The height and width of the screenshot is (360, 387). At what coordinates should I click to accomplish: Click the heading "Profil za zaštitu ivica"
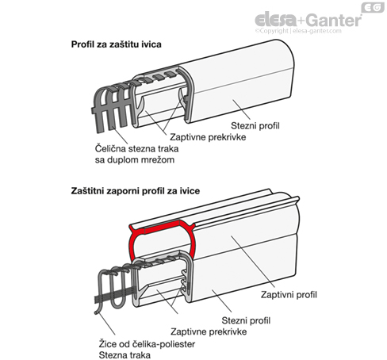click(x=116, y=44)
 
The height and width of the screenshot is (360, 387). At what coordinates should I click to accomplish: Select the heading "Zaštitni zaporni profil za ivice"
click(x=136, y=191)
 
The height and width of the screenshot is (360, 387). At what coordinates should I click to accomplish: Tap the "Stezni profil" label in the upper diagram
click(x=255, y=126)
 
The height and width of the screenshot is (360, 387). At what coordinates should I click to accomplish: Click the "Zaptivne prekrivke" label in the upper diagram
click(x=208, y=137)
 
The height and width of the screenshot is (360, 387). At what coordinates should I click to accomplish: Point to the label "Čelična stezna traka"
click(x=136, y=148)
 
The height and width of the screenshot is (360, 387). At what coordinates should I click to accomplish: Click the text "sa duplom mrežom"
click(x=135, y=160)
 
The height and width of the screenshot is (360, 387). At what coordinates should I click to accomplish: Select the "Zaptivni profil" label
click(x=289, y=294)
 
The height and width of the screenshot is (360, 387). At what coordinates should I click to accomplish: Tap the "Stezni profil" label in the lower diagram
click(x=246, y=320)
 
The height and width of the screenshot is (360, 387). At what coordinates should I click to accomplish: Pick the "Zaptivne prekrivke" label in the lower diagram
click(x=209, y=331)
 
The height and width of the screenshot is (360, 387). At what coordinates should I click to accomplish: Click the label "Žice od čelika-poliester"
click(x=147, y=344)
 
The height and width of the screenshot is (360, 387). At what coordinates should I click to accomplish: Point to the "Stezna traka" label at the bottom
click(x=125, y=355)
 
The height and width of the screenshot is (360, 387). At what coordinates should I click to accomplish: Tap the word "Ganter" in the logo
click(x=334, y=20)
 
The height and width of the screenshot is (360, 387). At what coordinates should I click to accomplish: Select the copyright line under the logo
click(x=298, y=31)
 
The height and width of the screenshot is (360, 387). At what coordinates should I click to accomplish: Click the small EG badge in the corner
click(x=373, y=7)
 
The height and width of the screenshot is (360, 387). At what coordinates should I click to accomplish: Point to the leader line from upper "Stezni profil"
click(x=241, y=109)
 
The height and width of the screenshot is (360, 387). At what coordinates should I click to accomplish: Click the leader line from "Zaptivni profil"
click(x=253, y=262)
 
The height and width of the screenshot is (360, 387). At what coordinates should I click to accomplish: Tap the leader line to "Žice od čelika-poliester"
click(x=105, y=324)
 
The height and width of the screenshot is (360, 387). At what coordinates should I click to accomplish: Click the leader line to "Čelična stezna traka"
click(x=121, y=136)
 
